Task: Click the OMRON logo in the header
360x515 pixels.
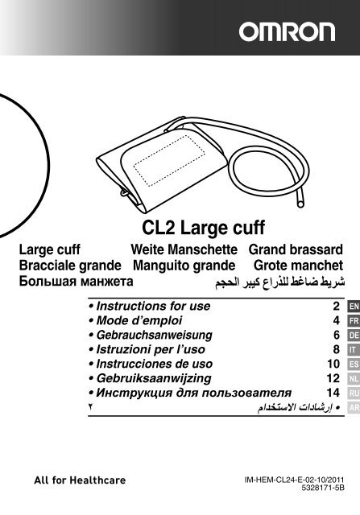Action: (x=287, y=32)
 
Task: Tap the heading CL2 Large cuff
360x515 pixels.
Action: (x=203, y=228)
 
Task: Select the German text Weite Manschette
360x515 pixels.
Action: (x=184, y=249)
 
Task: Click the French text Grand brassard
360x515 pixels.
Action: (x=296, y=249)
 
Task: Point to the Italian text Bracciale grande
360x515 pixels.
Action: (x=70, y=266)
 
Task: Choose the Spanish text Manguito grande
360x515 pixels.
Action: (x=184, y=266)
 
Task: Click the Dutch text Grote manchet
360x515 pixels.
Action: (x=298, y=266)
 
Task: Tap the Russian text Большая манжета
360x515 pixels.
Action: (x=76, y=281)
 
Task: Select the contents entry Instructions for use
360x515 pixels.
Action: (x=153, y=306)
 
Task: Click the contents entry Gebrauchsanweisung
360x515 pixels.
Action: (x=154, y=336)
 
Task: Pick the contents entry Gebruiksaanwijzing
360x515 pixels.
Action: (x=154, y=378)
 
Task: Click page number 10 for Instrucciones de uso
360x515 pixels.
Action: (x=333, y=364)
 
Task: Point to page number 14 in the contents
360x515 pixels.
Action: (x=333, y=393)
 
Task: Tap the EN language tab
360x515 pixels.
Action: (x=354, y=307)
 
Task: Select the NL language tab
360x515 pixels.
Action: (x=354, y=379)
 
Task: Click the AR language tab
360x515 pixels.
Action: (x=354, y=408)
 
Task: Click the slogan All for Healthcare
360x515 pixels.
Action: (x=80, y=480)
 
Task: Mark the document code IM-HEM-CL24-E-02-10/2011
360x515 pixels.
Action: (x=294, y=480)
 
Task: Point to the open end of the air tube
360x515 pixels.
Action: (x=300, y=204)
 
